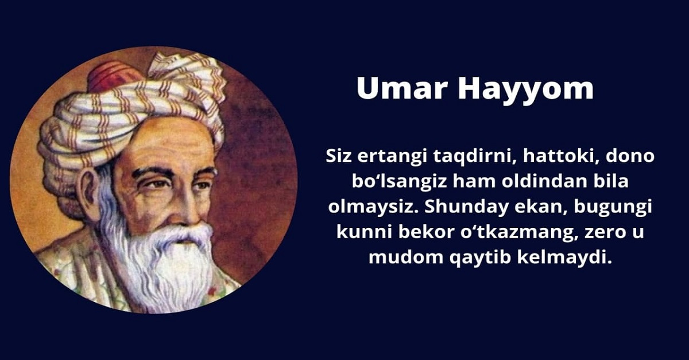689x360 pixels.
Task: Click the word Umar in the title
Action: (402, 88)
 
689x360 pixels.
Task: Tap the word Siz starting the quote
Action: (338, 156)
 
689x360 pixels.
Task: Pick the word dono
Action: (630, 156)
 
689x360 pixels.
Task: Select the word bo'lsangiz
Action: (399, 182)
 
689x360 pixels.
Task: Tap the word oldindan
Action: (544, 181)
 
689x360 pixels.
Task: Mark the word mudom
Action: (406, 257)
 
